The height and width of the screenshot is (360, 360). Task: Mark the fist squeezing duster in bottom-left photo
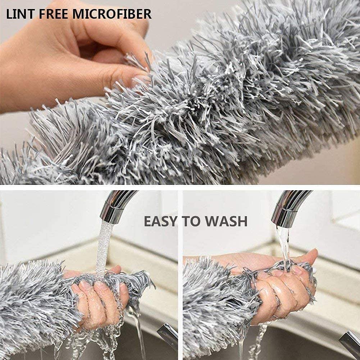click(x=97, y=299)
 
